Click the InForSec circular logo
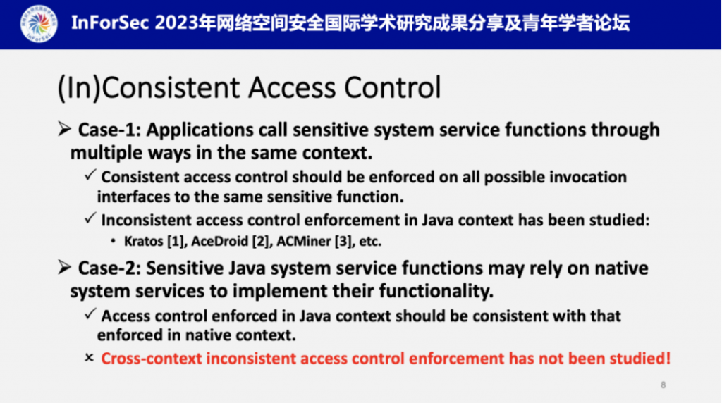[39, 24]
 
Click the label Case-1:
[109, 130]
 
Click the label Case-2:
[109, 268]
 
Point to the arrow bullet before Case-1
[65, 129]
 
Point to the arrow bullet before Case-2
[65, 267]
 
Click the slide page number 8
[663, 385]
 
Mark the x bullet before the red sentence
[90, 357]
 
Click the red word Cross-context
[152, 359]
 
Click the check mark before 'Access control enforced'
[90, 314]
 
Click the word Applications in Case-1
[200, 130]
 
